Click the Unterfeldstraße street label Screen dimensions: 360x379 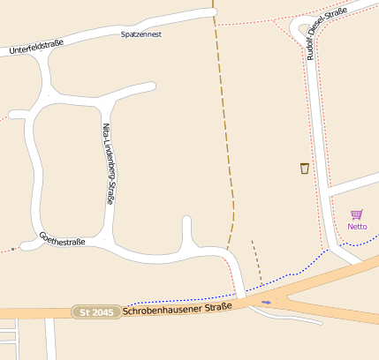point(38,47)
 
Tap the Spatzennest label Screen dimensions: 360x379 point(142,34)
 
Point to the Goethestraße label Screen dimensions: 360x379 point(62,239)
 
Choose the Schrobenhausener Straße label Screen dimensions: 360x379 point(178,308)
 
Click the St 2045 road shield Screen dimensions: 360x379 point(96,312)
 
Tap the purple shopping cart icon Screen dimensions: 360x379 point(357,214)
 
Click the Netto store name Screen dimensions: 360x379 point(357,227)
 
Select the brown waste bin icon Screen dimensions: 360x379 point(305,169)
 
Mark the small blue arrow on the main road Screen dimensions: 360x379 point(267,302)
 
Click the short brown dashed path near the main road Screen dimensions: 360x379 point(257,260)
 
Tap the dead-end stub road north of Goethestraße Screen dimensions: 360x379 point(186,231)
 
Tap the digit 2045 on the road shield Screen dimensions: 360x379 point(102,312)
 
